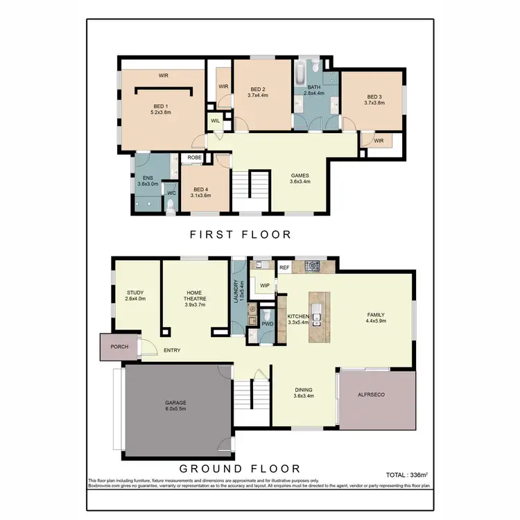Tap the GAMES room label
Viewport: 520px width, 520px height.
click(299, 175)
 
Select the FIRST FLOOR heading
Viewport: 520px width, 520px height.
click(241, 234)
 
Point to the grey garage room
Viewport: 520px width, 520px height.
click(175, 410)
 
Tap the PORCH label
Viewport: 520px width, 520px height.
click(119, 347)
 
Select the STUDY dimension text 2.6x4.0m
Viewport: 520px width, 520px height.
click(136, 299)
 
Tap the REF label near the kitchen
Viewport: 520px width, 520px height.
click(284, 267)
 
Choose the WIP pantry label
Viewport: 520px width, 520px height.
click(264, 284)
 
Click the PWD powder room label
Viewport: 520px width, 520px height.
click(267, 323)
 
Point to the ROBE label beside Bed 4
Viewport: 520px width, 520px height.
click(194, 157)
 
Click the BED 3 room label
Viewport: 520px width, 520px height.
click(374, 96)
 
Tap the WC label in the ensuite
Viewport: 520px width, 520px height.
click(171, 193)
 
